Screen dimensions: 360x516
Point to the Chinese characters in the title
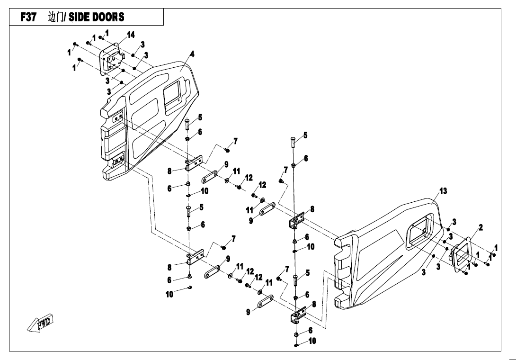point(55,18)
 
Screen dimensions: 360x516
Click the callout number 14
point(131,35)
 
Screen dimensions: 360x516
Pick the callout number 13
point(443,191)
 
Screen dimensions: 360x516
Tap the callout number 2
point(480,227)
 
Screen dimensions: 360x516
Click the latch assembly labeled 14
point(112,60)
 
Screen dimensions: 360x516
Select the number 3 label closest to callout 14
point(142,44)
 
